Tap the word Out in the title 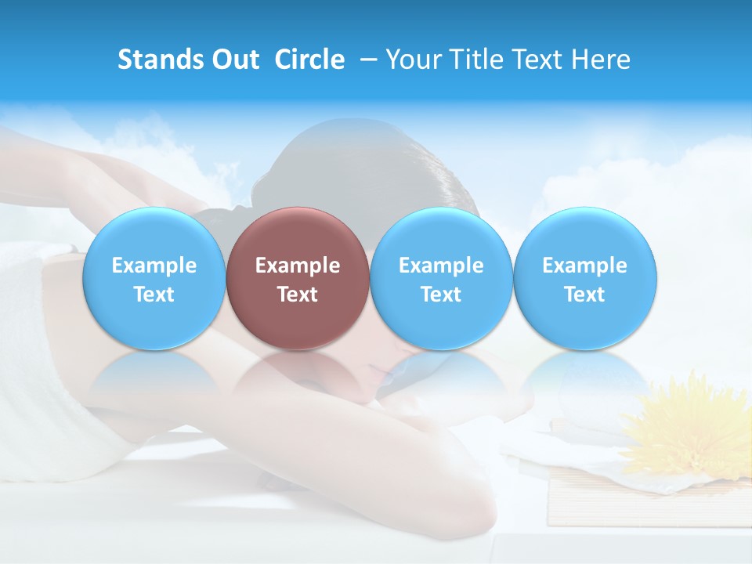[231, 60]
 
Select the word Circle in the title [309, 60]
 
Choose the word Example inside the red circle [298, 266]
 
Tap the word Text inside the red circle [298, 295]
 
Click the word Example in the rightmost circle [585, 266]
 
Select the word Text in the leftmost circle [154, 295]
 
